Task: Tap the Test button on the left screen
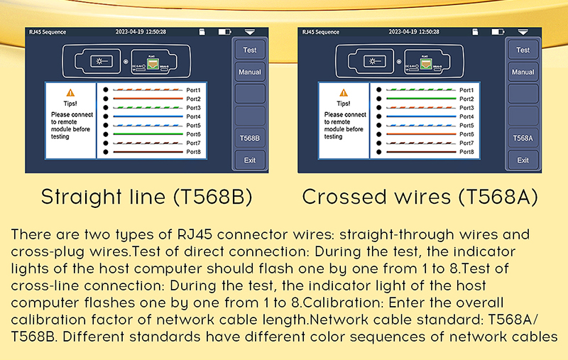pos(250,50)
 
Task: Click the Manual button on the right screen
pos(250,72)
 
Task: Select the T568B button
pos(250,138)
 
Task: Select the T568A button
pos(523,138)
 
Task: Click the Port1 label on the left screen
pos(193,90)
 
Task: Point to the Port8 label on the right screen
pos(466,152)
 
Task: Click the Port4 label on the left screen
pos(193,116)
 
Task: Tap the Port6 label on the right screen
pos(466,134)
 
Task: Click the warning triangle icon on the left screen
pos(70,92)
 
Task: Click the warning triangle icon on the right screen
pos(343,92)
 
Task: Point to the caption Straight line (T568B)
pos(147,197)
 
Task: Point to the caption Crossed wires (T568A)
pos(420,197)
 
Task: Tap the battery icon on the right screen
pos(497,32)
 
